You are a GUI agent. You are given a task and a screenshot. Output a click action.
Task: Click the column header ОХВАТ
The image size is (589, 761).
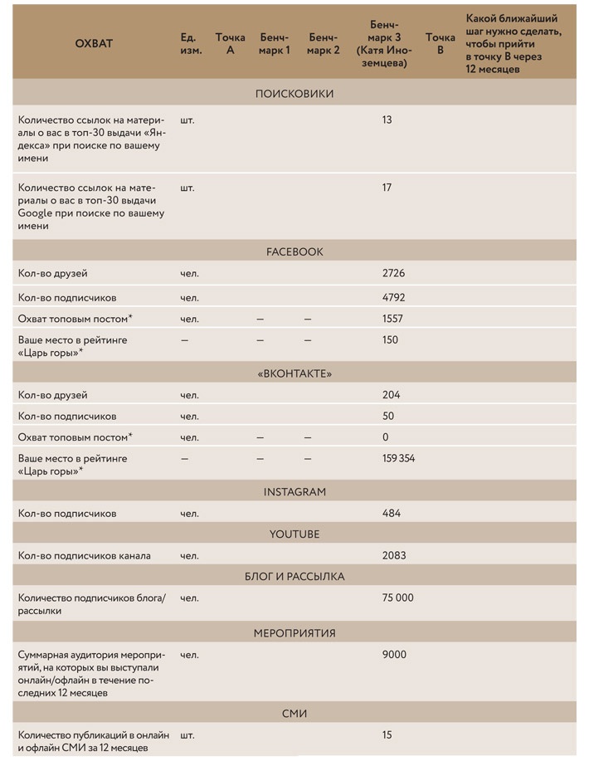pos(94,43)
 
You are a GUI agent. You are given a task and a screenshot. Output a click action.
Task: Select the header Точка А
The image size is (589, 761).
pos(230,43)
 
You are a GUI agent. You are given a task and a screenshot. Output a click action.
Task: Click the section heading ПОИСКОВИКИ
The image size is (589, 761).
pos(294,94)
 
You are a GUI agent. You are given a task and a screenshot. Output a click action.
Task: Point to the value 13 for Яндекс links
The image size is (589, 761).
pos(387,120)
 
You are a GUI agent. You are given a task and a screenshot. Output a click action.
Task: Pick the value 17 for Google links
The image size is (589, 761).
pos(387,188)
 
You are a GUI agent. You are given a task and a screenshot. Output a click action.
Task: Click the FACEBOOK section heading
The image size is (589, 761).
pos(294,251)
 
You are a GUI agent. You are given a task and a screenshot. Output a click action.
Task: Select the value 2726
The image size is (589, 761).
pos(393,273)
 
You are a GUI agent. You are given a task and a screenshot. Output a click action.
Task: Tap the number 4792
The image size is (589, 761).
pos(393,297)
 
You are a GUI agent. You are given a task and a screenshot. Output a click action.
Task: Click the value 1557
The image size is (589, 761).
pos(392,319)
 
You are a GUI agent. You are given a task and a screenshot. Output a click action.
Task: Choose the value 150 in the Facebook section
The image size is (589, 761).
pos(390,340)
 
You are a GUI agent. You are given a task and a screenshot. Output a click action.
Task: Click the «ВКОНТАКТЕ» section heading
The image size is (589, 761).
pos(294,373)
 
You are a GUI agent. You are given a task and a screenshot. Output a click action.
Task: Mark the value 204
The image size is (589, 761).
pos(390,395)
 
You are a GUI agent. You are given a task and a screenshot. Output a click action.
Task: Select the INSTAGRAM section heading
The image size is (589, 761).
pos(294,492)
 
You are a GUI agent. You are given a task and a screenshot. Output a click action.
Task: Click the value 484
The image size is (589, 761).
pos(391,514)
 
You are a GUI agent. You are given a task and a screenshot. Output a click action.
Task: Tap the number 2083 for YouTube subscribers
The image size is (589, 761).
pos(393,555)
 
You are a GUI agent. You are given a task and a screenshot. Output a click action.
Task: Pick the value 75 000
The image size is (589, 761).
pos(397,598)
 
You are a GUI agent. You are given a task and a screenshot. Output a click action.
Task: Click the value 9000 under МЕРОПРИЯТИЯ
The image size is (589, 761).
pos(394,655)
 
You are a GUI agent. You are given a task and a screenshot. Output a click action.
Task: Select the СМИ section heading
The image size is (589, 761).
pos(294,712)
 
